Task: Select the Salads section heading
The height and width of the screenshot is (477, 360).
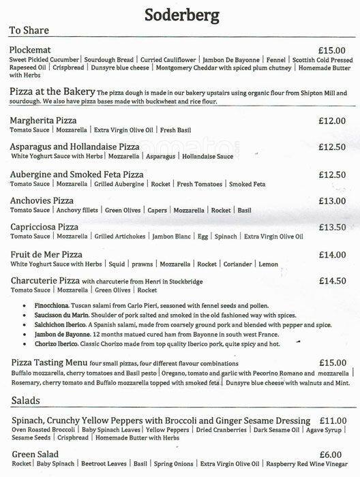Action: click(x=25, y=401)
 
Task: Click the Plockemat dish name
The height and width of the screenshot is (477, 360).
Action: click(x=34, y=50)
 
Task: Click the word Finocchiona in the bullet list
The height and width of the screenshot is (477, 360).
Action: click(x=52, y=308)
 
